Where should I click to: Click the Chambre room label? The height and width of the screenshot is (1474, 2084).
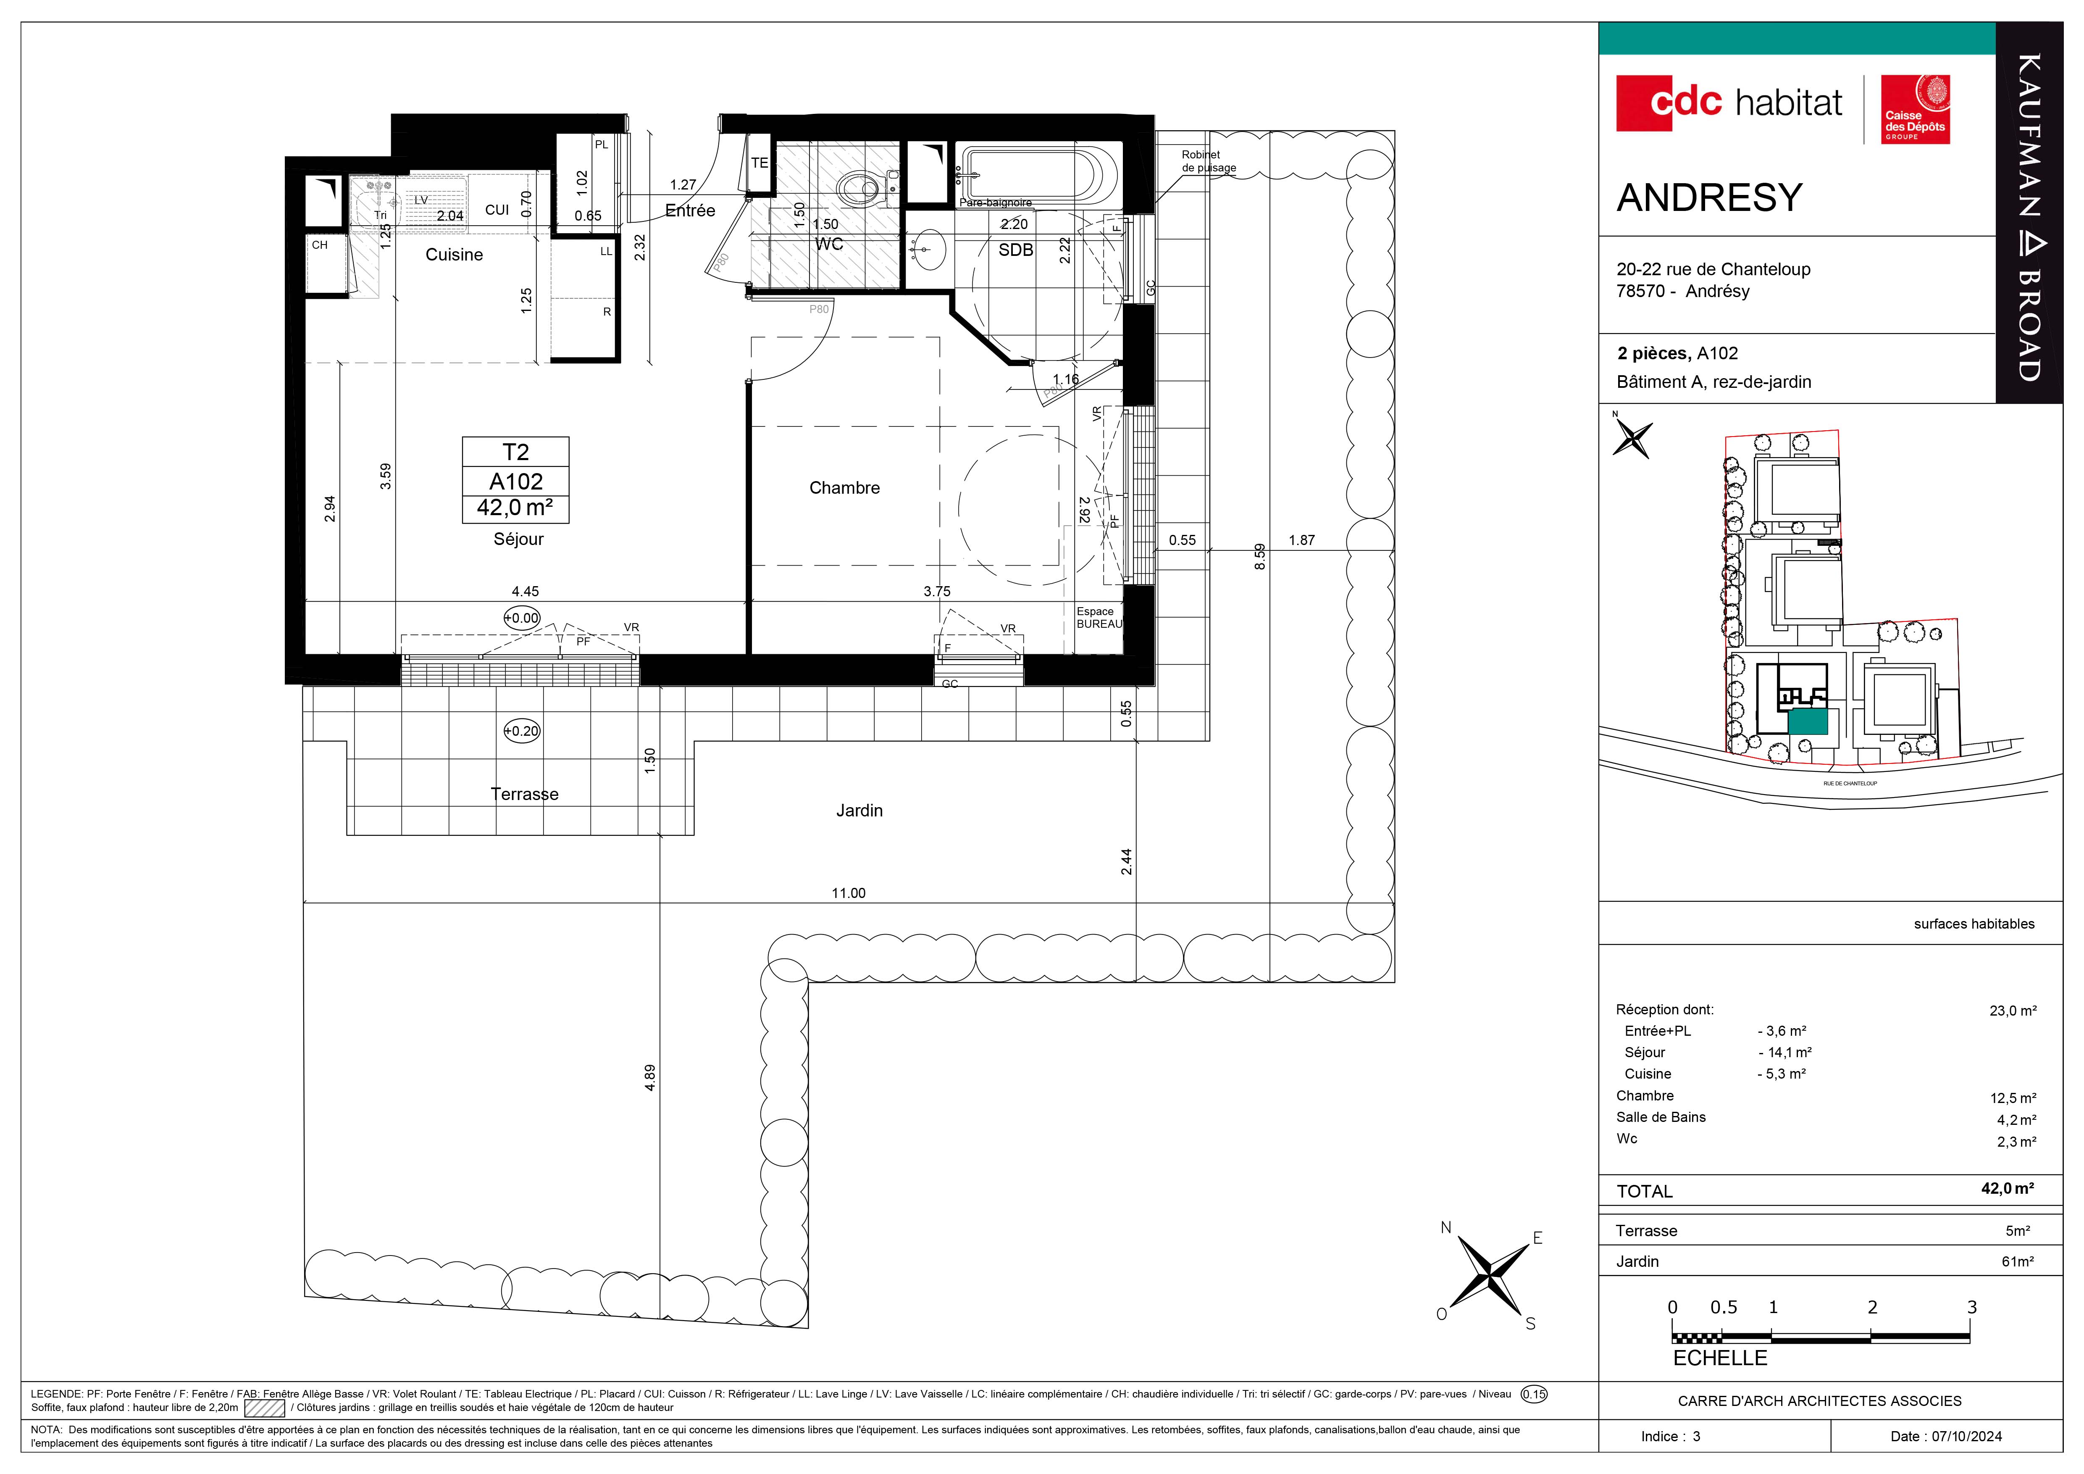click(844, 488)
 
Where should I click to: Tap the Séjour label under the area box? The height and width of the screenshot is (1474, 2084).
click(518, 539)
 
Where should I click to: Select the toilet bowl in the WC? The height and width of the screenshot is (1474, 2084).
click(858, 189)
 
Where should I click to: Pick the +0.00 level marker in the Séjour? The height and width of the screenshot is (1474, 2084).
click(522, 618)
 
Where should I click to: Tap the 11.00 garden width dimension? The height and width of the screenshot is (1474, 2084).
click(849, 893)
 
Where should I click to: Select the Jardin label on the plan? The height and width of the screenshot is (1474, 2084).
click(859, 811)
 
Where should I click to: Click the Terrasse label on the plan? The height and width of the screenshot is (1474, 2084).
click(525, 794)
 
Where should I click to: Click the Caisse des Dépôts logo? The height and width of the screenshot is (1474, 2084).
click(1915, 109)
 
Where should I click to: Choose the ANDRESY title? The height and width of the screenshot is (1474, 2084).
click(1709, 198)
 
